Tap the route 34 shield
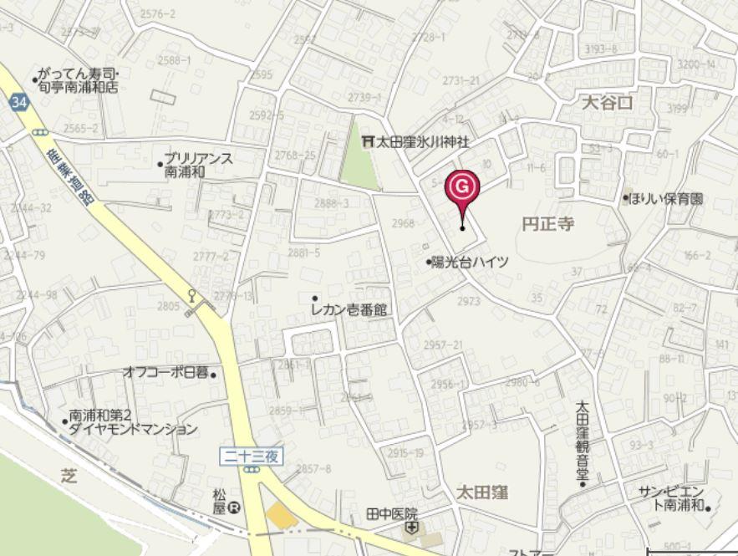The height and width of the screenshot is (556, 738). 18,102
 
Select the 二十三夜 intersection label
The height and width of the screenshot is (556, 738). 252,457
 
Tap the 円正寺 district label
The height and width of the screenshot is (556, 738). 547,224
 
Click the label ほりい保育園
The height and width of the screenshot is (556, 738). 668,199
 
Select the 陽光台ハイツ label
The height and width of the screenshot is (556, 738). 470,262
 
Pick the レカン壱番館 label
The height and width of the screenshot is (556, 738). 349,310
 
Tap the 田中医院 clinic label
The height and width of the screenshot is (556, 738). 391,513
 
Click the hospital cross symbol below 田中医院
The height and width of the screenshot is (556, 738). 411,528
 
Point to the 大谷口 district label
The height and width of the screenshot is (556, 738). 608,103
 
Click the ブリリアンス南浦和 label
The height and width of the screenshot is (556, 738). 198,164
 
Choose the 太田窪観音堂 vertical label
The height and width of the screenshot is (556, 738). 583,442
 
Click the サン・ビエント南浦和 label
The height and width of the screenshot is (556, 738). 672,498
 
